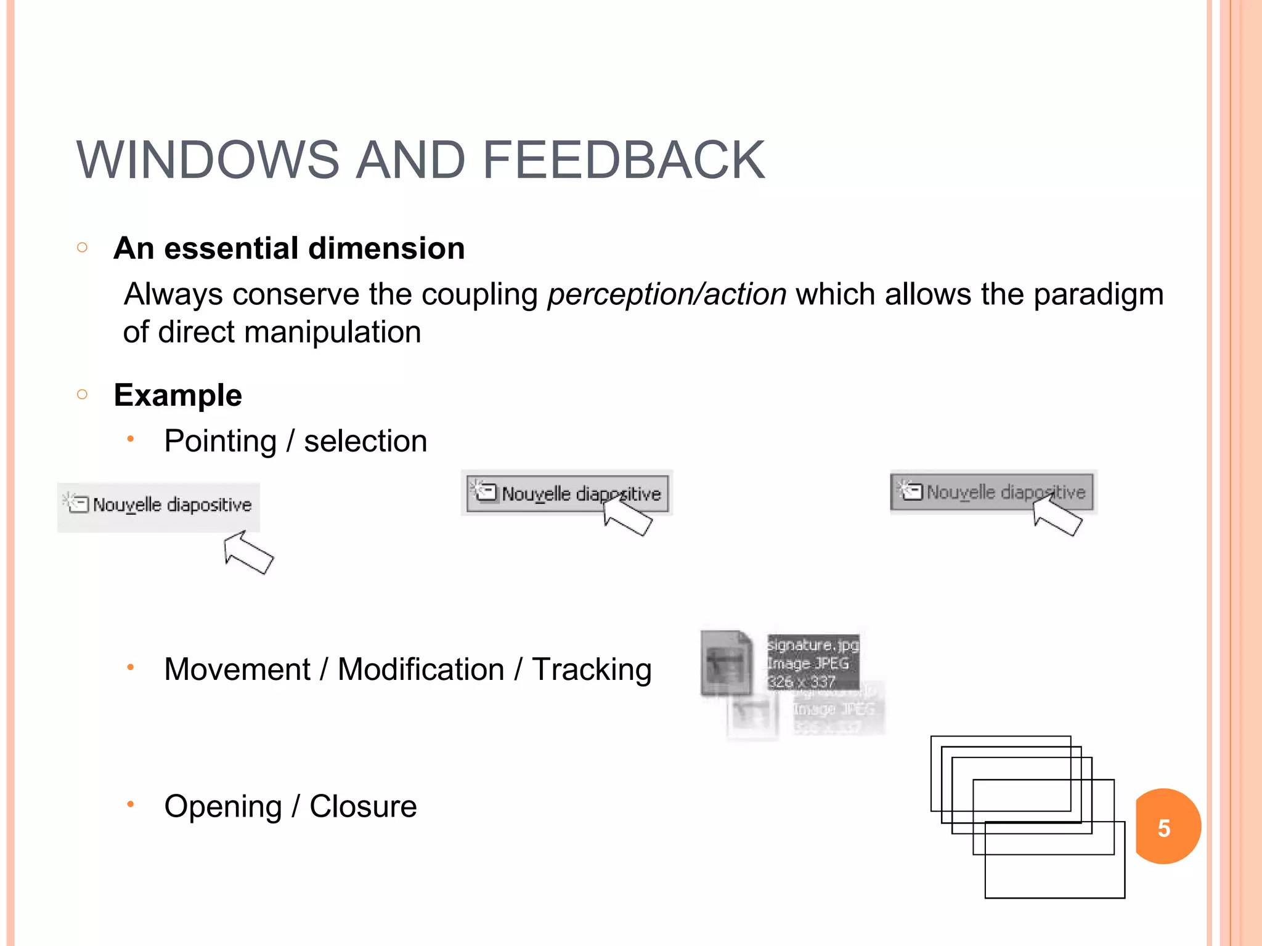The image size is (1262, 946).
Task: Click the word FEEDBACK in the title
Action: coord(623,160)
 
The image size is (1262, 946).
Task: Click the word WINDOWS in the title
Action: coord(208,160)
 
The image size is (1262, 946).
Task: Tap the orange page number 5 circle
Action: coord(1166,827)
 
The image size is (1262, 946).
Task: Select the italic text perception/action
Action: coord(667,294)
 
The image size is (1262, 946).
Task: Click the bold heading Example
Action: coord(178,395)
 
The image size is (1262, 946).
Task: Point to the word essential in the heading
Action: coord(231,248)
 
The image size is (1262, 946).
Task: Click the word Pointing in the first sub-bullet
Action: coord(220,441)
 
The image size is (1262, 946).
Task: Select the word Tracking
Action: coord(592,669)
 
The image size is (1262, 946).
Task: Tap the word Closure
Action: coord(363,806)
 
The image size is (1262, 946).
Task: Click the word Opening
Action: coord(222,806)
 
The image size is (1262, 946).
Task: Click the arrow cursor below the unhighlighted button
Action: coord(248,552)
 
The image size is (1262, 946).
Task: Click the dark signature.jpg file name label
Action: coord(813,645)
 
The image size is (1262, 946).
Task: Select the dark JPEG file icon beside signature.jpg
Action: coord(727,663)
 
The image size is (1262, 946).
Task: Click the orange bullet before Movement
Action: coord(130,667)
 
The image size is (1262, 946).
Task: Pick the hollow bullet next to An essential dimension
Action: coord(83,248)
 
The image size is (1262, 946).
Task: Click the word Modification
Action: coord(421,669)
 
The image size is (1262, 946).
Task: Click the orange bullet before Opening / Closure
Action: coord(130,804)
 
